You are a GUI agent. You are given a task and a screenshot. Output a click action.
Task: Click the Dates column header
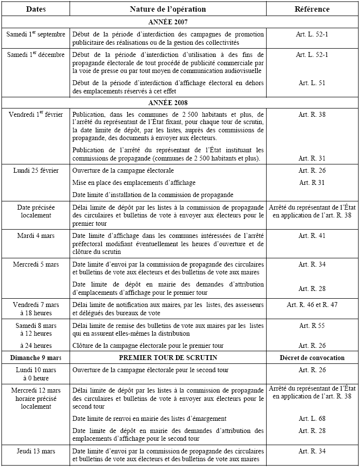(36, 9)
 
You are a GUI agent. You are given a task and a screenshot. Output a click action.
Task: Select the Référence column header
(312, 9)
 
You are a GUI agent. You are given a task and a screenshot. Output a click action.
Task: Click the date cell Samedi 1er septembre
(36, 35)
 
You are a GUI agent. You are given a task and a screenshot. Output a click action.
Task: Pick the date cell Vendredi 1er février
(36, 115)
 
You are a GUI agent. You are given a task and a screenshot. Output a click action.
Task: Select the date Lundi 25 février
(36, 171)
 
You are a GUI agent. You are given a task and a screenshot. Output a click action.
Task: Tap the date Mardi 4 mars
(36, 236)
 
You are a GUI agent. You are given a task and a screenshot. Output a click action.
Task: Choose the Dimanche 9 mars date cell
(36, 358)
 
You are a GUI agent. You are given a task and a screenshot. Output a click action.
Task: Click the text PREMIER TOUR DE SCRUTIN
(168, 358)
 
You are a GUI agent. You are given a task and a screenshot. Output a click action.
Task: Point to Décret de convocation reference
(312, 358)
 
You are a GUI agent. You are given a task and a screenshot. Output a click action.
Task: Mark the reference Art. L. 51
(312, 83)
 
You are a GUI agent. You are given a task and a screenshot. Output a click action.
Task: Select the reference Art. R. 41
(312, 236)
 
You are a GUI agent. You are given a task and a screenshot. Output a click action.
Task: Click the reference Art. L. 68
(312, 418)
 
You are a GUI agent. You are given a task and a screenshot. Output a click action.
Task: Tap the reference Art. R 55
(312, 325)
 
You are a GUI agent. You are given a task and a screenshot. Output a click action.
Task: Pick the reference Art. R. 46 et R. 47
(312, 305)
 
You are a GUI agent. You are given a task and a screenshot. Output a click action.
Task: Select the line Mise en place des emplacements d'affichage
(134, 182)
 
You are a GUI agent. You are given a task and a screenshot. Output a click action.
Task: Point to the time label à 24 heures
(36, 346)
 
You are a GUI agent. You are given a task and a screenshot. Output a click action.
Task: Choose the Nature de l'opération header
(168, 9)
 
